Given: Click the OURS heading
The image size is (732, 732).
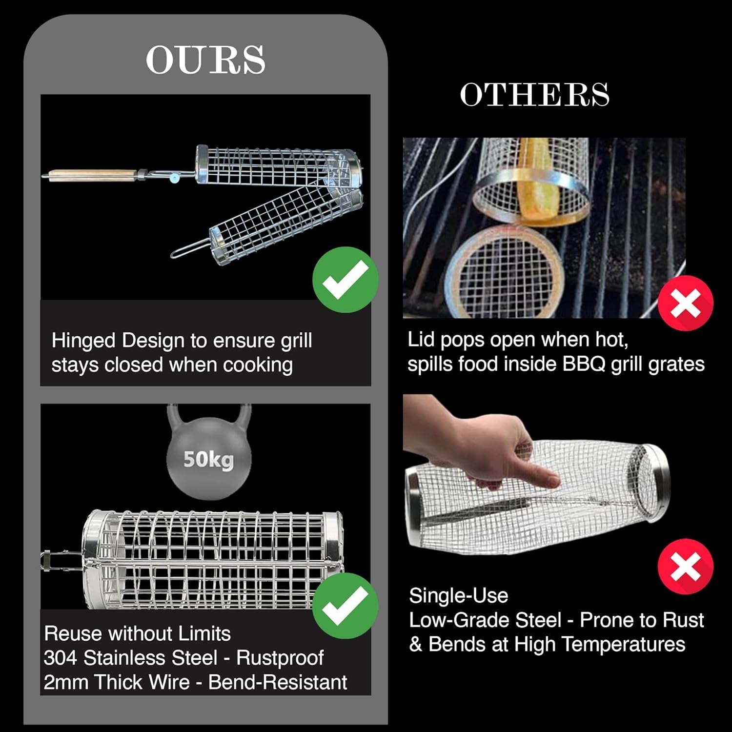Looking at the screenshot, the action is (x=205, y=60).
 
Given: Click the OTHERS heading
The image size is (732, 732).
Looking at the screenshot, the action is (x=535, y=94).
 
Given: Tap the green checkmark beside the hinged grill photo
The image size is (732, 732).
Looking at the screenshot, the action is (x=346, y=280).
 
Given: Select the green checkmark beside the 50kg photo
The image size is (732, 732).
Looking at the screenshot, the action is (x=346, y=606).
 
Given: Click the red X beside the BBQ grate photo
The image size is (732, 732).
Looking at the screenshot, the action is (x=686, y=303).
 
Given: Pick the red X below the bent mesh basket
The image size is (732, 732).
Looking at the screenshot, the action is (x=686, y=567).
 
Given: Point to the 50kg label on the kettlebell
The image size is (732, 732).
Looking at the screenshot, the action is (x=208, y=459).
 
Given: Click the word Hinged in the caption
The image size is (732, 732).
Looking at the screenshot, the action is (x=83, y=341).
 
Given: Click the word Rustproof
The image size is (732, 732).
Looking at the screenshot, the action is (x=280, y=658).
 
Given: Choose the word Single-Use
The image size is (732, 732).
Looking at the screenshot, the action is (x=459, y=596).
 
